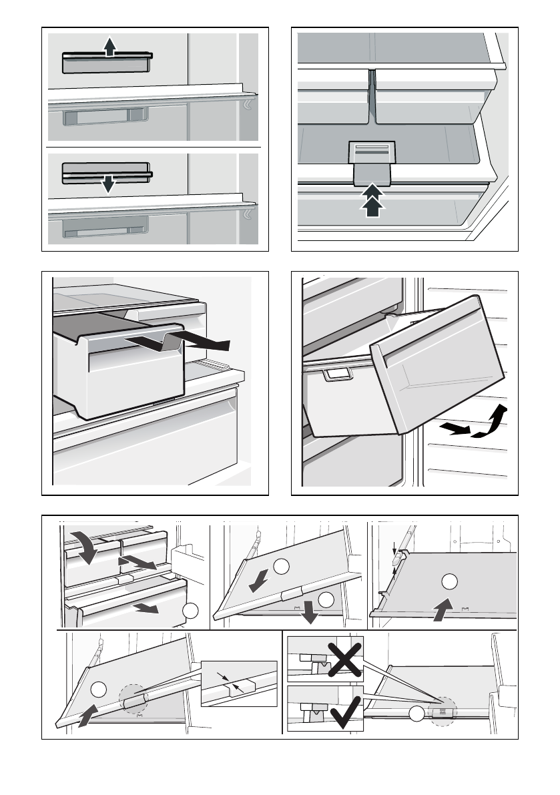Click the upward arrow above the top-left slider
(110, 46)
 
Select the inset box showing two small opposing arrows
(239, 683)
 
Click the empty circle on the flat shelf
(450, 581)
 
